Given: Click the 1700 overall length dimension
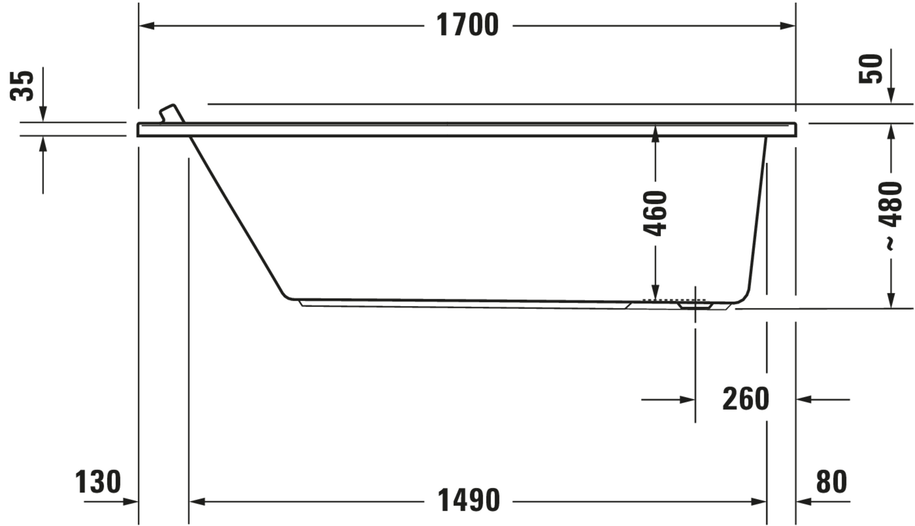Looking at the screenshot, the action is (468, 25).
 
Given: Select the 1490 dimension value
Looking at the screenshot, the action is (468, 500).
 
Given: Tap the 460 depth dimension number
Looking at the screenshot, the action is (655, 213).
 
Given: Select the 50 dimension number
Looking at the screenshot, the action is (870, 69).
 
